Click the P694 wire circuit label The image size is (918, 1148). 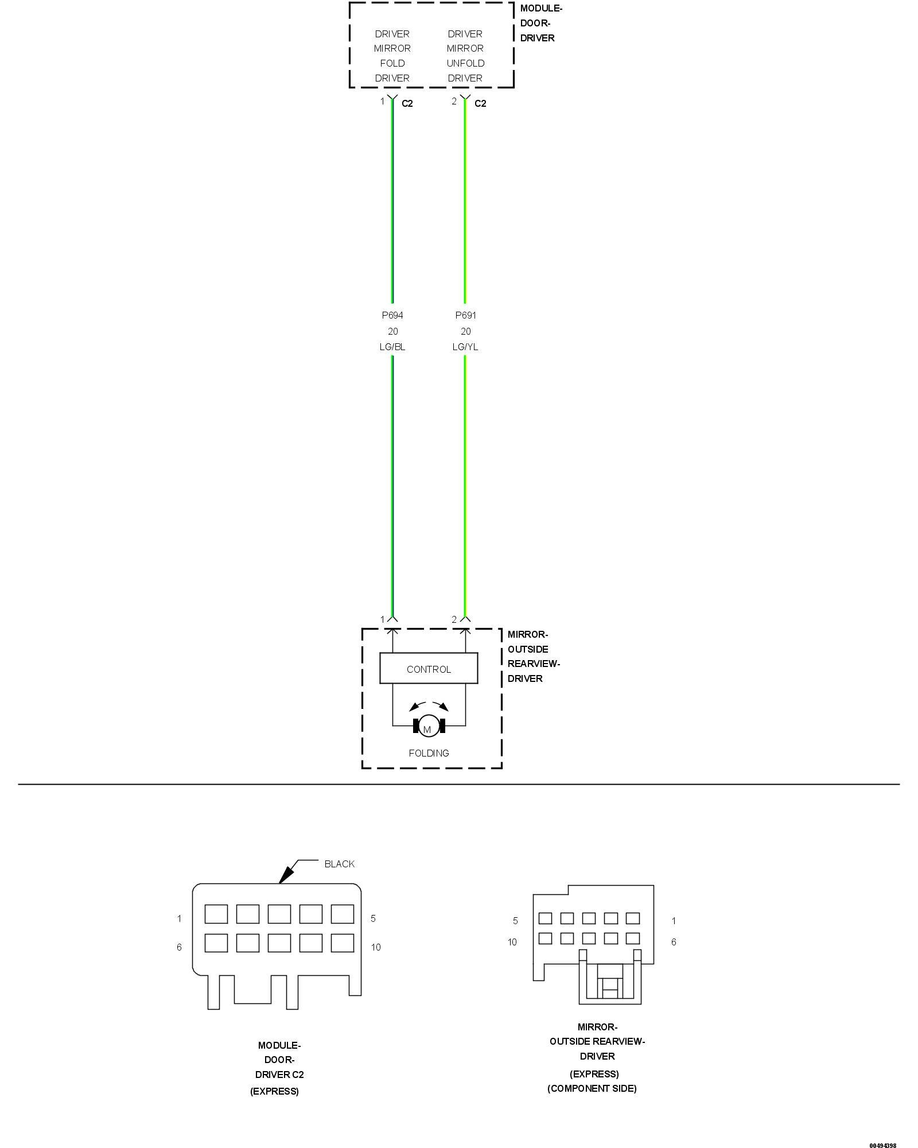click(392, 315)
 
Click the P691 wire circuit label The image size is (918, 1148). click(465, 315)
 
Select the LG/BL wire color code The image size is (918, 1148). click(392, 347)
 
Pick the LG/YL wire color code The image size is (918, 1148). click(465, 347)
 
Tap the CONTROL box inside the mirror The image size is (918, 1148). click(429, 669)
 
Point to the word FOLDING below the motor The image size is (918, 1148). click(429, 753)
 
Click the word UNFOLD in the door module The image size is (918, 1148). click(465, 63)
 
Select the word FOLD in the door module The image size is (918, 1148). click(392, 63)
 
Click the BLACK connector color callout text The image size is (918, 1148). click(340, 864)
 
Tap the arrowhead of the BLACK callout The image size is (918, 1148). click(283, 879)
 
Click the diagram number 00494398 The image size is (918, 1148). click(882, 1145)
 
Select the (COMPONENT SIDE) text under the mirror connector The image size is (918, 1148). click(592, 1088)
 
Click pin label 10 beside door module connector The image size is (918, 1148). click(376, 947)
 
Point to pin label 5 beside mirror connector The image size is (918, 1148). click(515, 921)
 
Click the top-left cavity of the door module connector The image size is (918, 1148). click(216, 914)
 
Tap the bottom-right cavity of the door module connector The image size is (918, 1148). click(342, 943)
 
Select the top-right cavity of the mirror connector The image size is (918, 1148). click(632, 918)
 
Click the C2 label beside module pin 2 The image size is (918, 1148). click(480, 103)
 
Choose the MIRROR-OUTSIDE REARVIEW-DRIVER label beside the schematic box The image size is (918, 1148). click(533, 656)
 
